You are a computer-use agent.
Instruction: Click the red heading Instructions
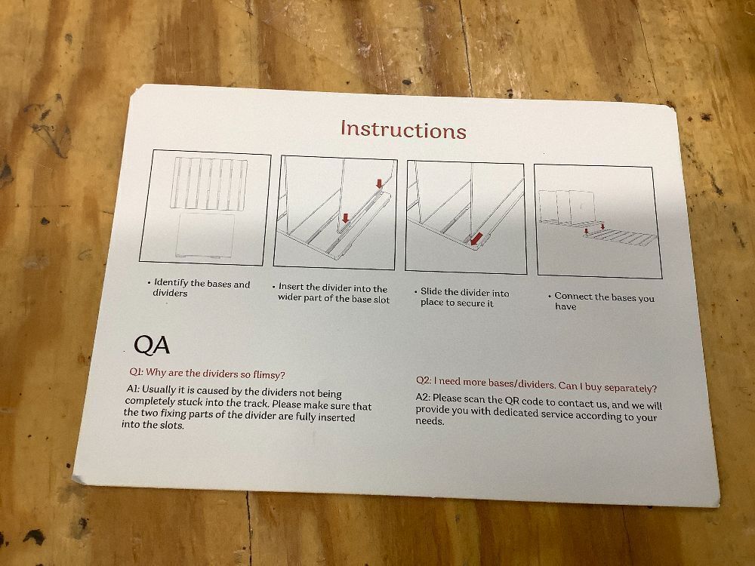tap(403, 130)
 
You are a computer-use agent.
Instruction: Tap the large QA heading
tap(152, 345)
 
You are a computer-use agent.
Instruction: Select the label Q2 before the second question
tap(424, 380)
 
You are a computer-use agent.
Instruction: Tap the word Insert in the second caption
tap(291, 287)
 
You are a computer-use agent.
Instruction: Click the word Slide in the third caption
tap(431, 291)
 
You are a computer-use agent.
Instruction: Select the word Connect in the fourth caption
tap(574, 296)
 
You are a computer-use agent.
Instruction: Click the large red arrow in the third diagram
tap(476, 238)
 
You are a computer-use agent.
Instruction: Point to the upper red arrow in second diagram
tap(380, 183)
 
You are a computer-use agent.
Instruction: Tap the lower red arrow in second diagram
tap(345, 218)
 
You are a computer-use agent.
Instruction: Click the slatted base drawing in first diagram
tap(209, 184)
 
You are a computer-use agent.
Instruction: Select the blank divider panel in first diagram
tap(205, 235)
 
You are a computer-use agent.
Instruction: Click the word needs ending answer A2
tap(430, 421)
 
